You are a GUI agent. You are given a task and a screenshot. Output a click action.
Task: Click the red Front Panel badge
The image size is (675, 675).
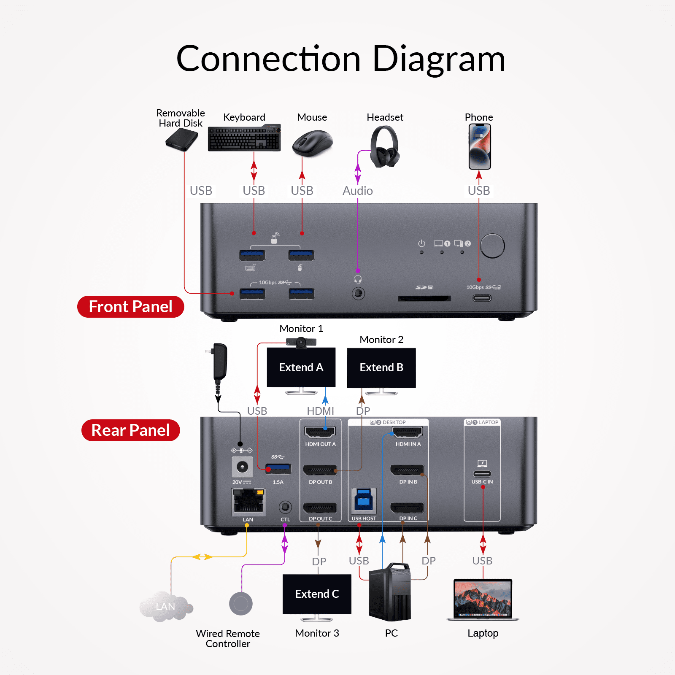pos(131,307)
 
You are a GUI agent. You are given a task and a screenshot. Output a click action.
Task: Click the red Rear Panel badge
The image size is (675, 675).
pos(131,430)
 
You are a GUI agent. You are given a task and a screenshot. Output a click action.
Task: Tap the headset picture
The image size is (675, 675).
pos(384,147)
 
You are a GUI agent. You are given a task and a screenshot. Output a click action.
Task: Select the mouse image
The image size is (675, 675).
pos(313,143)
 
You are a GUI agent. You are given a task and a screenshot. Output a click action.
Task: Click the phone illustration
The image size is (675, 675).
pos(480,146)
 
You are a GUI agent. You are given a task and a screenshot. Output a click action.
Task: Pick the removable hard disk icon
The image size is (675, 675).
pos(182,140)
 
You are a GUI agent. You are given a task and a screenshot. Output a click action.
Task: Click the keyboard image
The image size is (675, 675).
pos(244,138)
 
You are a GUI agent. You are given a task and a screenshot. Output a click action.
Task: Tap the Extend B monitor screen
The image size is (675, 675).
pos(381,367)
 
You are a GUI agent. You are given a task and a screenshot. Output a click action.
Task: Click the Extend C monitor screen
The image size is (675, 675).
pos(317,594)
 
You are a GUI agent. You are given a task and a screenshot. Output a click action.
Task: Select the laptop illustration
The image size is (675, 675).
pos(483,599)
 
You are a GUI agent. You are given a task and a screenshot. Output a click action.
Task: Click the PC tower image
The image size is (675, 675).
pos(390,593)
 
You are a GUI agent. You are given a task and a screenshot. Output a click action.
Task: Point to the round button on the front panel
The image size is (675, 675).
pos(492,246)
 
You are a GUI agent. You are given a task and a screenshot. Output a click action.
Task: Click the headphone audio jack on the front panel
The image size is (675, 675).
pos(358,293)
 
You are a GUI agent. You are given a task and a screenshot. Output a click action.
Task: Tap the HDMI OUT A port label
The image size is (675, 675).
pos(320,444)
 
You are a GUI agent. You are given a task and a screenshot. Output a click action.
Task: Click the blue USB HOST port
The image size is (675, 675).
pos(364,501)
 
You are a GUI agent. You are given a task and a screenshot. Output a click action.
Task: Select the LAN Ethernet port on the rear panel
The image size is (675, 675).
pos(248,502)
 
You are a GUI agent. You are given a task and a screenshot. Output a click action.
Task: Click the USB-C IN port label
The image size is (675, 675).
pos(482,482)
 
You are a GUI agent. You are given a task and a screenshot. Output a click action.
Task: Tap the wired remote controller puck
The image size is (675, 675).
pos(241,603)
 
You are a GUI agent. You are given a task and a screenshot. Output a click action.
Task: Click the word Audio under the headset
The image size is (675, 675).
pos(358,191)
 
